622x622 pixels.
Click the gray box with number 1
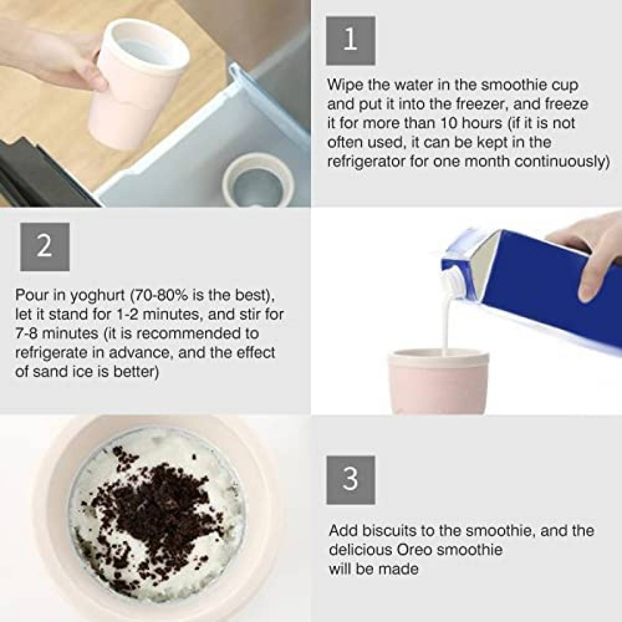point(350,40)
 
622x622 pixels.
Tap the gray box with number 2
point(45,247)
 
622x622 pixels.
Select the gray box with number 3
point(350,480)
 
